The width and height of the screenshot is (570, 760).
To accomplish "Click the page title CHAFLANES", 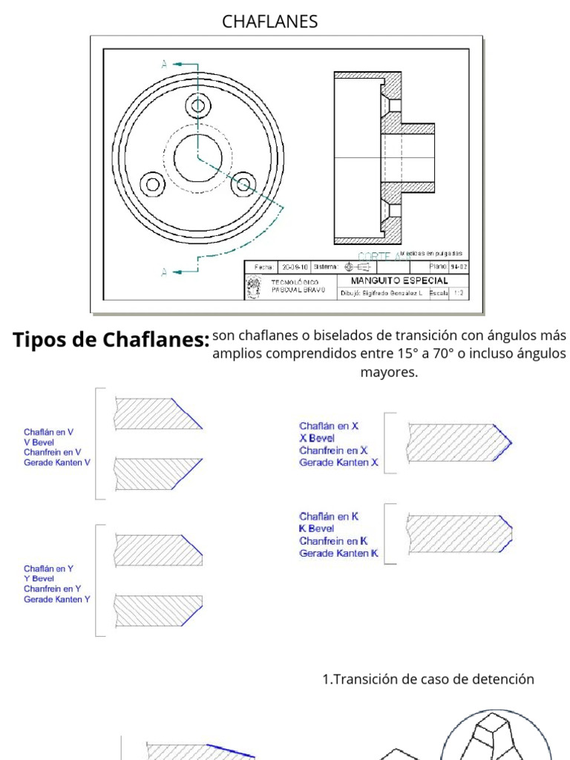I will pyautogui.click(x=269, y=22).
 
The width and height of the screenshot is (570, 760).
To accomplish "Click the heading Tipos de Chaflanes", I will pyautogui.click(x=111, y=340).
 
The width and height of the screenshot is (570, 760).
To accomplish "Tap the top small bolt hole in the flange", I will pyautogui.click(x=197, y=105).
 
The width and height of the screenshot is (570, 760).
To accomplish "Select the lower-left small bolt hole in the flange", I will pyautogui.click(x=153, y=183).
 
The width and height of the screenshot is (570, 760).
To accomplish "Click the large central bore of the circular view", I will pyautogui.click(x=197, y=158).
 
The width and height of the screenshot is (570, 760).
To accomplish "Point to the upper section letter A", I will pyautogui.click(x=164, y=65).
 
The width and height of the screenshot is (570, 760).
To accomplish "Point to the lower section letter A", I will pyautogui.click(x=164, y=271).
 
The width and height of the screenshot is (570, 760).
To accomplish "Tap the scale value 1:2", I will pyautogui.click(x=458, y=293).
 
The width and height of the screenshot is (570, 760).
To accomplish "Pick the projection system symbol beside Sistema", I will pyautogui.click(x=358, y=266).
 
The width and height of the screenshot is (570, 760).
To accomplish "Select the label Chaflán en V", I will pyautogui.click(x=48, y=431).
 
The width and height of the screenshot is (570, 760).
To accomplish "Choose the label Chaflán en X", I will pyautogui.click(x=329, y=426).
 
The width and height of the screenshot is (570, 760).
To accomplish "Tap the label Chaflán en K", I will pyautogui.click(x=330, y=516).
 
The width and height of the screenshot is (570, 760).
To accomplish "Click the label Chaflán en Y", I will pyautogui.click(x=48, y=569).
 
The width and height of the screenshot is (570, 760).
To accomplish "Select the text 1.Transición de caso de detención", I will pyautogui.click(x=427, y=679).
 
